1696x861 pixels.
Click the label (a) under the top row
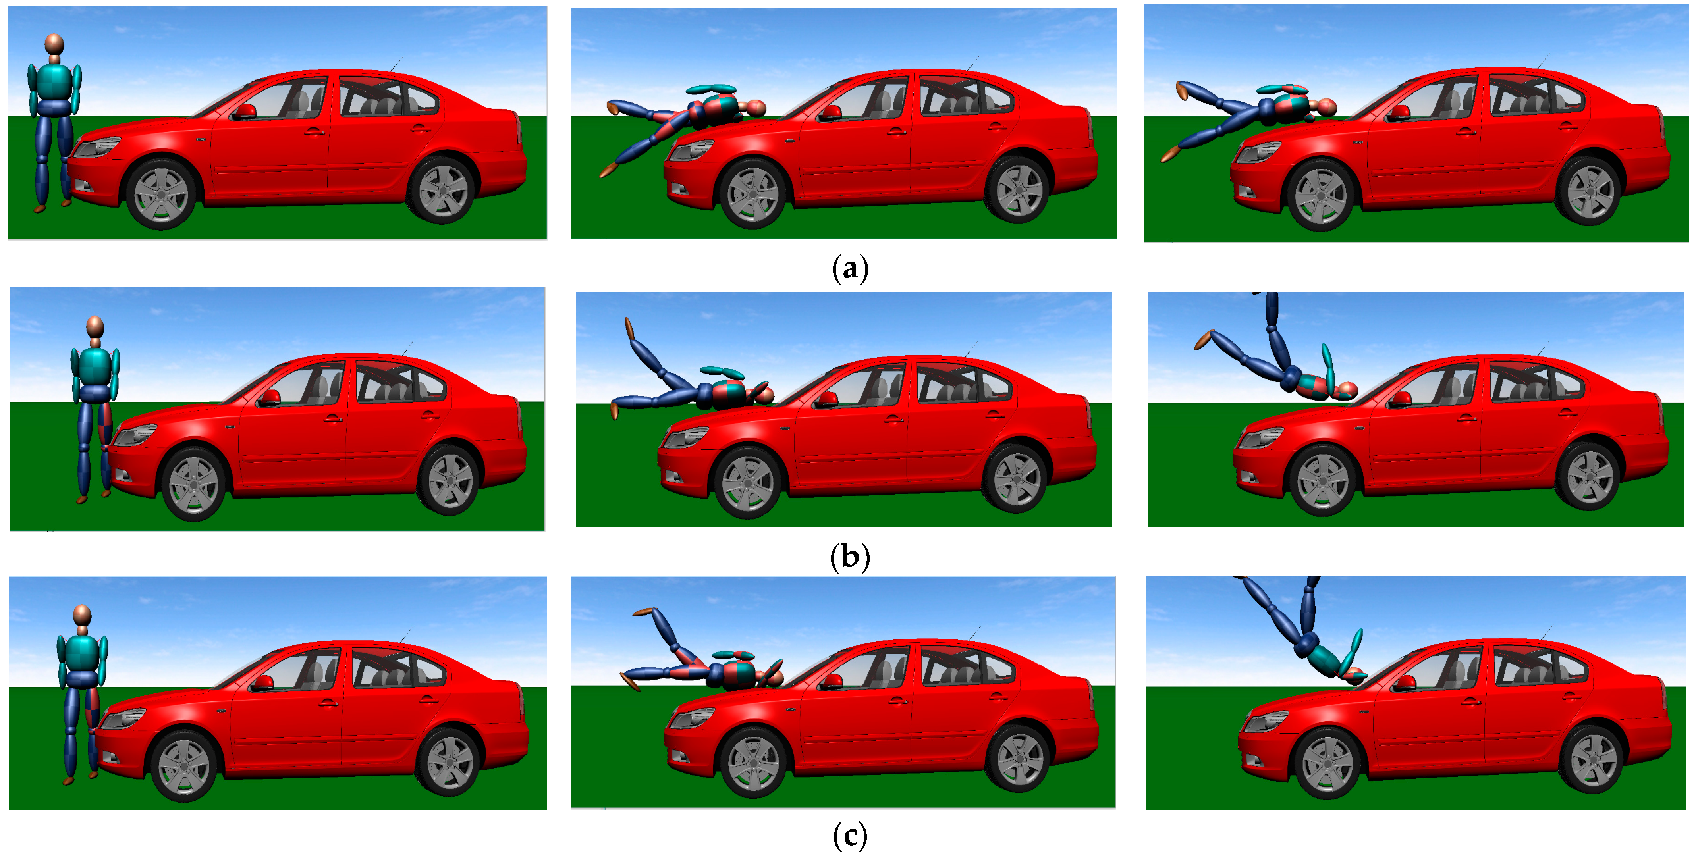[x=850, y=269]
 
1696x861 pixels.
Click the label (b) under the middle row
[x=850, y=557]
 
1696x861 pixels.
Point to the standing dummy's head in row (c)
[x=82, y=615]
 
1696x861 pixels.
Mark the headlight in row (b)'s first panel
[x=136, y=434]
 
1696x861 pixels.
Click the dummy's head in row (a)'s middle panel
[x=756, y=108]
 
